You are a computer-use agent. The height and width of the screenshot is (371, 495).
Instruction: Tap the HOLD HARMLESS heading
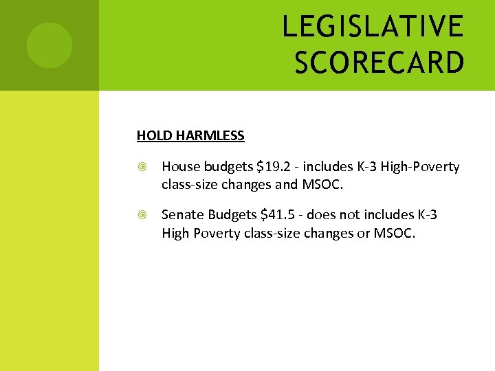point(190,135)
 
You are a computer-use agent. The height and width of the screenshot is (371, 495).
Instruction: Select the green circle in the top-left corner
point(49,45)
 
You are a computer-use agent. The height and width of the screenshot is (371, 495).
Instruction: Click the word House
point(179,167)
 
